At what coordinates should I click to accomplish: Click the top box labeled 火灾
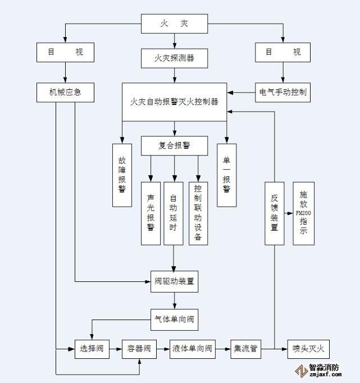pos(174,24)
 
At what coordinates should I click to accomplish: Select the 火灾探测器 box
pos(174,57)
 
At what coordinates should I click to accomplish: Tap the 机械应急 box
pos(65,92)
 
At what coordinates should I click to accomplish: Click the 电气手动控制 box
pos(283,92)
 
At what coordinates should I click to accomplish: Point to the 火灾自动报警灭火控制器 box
pos(174,102)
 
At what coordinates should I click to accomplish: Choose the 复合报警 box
pos(174,145)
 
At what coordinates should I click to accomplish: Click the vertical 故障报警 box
pos(122,175)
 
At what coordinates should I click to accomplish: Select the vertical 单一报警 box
pos(226,175)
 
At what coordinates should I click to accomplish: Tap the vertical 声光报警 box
pos(151,213)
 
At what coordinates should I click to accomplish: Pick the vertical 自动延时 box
pos(174,213)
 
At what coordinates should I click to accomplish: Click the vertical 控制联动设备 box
pos(198,213)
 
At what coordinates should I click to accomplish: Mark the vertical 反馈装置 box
pos(275,213)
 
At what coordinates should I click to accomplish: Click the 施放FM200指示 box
pos(303,213)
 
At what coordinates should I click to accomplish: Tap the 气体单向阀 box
pos(174,320)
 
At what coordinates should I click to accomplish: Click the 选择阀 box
pos(91,349)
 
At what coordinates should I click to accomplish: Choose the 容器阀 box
pos(138,349)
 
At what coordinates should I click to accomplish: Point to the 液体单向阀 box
pos(193,349)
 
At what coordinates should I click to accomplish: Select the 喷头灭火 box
pos(308,349)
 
